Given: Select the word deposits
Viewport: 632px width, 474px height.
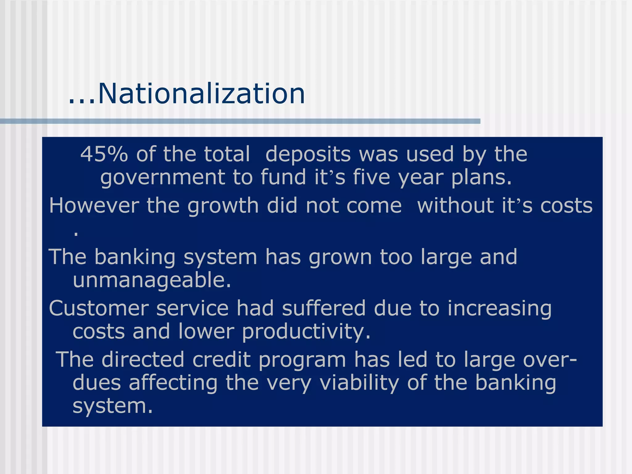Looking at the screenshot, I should coord(308,154).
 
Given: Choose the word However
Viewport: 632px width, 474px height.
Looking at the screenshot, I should coord(94,206).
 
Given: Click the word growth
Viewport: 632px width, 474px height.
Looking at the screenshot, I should coord(223,206).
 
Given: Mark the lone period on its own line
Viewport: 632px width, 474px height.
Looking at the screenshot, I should coord(76,234).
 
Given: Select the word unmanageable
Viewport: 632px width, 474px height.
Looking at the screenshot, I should coord(152,280).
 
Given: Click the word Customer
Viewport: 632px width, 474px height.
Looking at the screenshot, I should coord(98,308).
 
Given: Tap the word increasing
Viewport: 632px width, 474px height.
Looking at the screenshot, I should coord(499,309).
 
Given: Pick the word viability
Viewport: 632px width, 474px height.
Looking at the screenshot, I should coord(359,383).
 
